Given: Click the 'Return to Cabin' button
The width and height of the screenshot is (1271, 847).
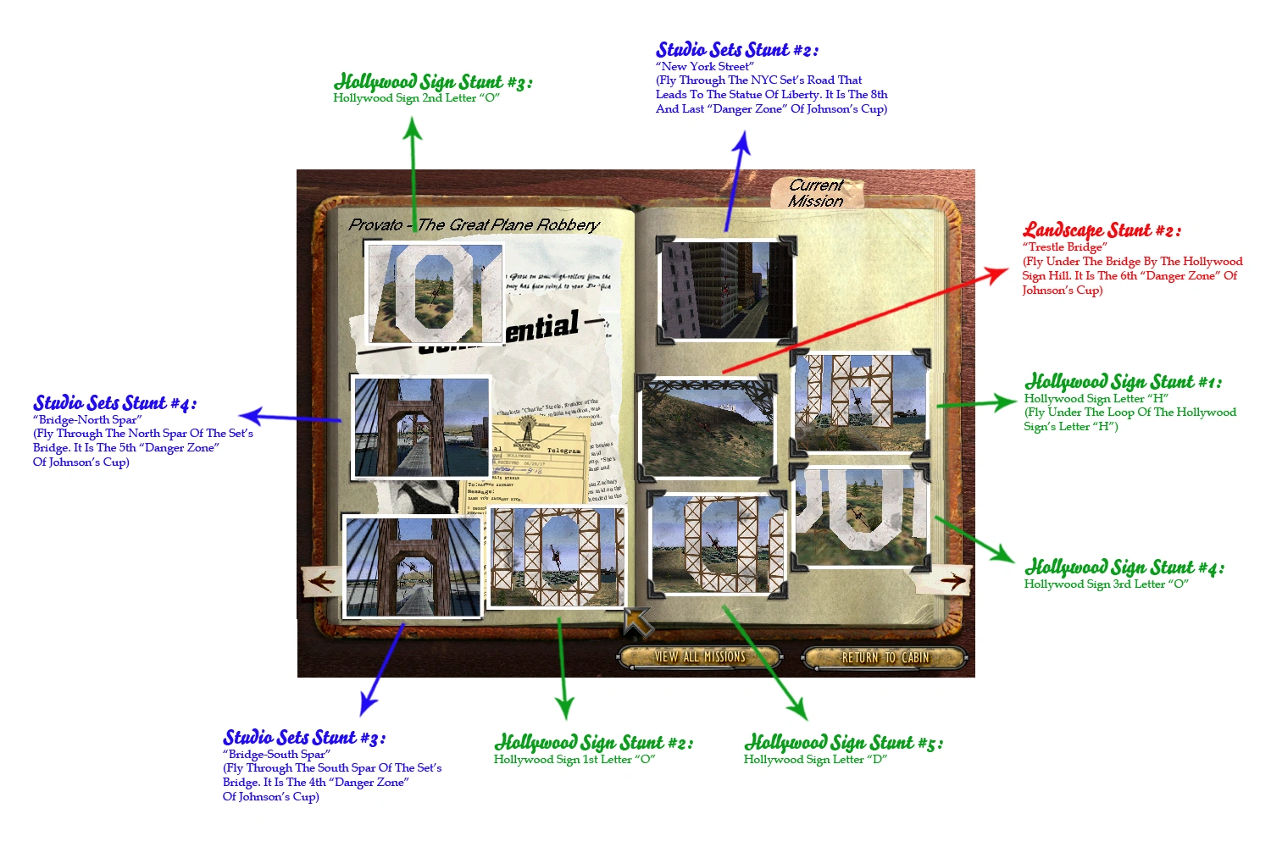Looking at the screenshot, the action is [885, 657].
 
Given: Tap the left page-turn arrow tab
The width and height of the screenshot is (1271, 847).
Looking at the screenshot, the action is [321, 582].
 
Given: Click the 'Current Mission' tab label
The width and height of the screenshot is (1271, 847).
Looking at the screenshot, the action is [816, 193].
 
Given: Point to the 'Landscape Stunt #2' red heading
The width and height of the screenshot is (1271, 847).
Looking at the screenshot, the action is [1102, 230].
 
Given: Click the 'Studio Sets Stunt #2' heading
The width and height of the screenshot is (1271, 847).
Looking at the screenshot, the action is [737, 50].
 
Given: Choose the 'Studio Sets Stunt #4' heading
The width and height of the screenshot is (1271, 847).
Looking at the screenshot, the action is [115, 403].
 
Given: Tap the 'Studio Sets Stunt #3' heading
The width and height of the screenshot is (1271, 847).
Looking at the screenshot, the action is [304, 738].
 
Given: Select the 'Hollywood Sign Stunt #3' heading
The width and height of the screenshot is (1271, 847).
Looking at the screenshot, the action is [433, 82].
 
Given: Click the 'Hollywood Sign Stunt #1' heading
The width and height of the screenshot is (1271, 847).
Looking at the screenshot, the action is [1123, 382].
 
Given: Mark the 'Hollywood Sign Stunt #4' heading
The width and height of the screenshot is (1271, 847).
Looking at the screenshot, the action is [1124, 567].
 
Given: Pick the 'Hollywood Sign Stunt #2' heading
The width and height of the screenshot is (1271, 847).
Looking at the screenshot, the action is [593, 743].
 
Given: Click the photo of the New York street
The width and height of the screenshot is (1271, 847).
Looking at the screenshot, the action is [726, 291].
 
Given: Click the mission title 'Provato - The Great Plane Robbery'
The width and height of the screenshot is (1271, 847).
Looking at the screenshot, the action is [474, 224].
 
